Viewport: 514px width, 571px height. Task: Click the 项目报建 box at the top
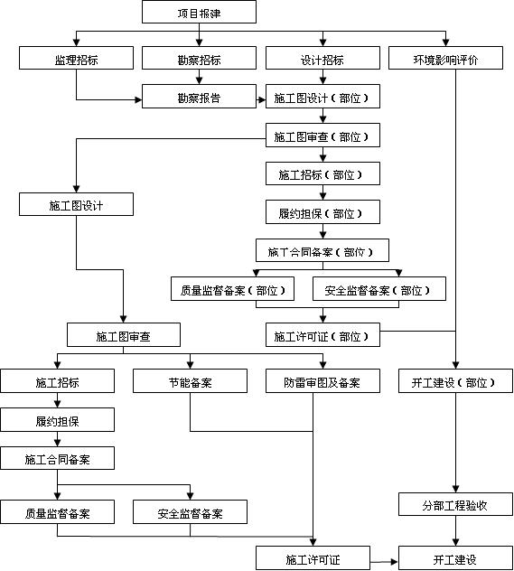point(199,13)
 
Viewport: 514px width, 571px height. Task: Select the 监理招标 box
point(76,60)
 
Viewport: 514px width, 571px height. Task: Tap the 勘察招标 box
point(199,60)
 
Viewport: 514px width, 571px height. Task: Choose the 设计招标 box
point(322,60)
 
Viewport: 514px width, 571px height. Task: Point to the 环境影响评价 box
point(445,60)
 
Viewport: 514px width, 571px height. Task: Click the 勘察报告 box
point(199,97)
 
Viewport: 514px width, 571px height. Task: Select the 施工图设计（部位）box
point(322,97)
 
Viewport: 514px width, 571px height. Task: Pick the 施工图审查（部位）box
point(322,136)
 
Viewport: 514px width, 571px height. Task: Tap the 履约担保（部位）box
point(322,213)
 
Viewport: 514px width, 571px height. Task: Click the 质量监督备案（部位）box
point(234,290)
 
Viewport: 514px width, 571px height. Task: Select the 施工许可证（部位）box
point(322,336)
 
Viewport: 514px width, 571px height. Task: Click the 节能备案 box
point(190,382)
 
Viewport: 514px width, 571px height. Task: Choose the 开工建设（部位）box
point(455,382)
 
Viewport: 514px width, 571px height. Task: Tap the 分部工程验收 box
point(455,505)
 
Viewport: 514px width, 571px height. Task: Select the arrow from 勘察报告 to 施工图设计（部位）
point(261,97)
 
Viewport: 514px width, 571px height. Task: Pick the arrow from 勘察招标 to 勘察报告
point(199,78)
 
